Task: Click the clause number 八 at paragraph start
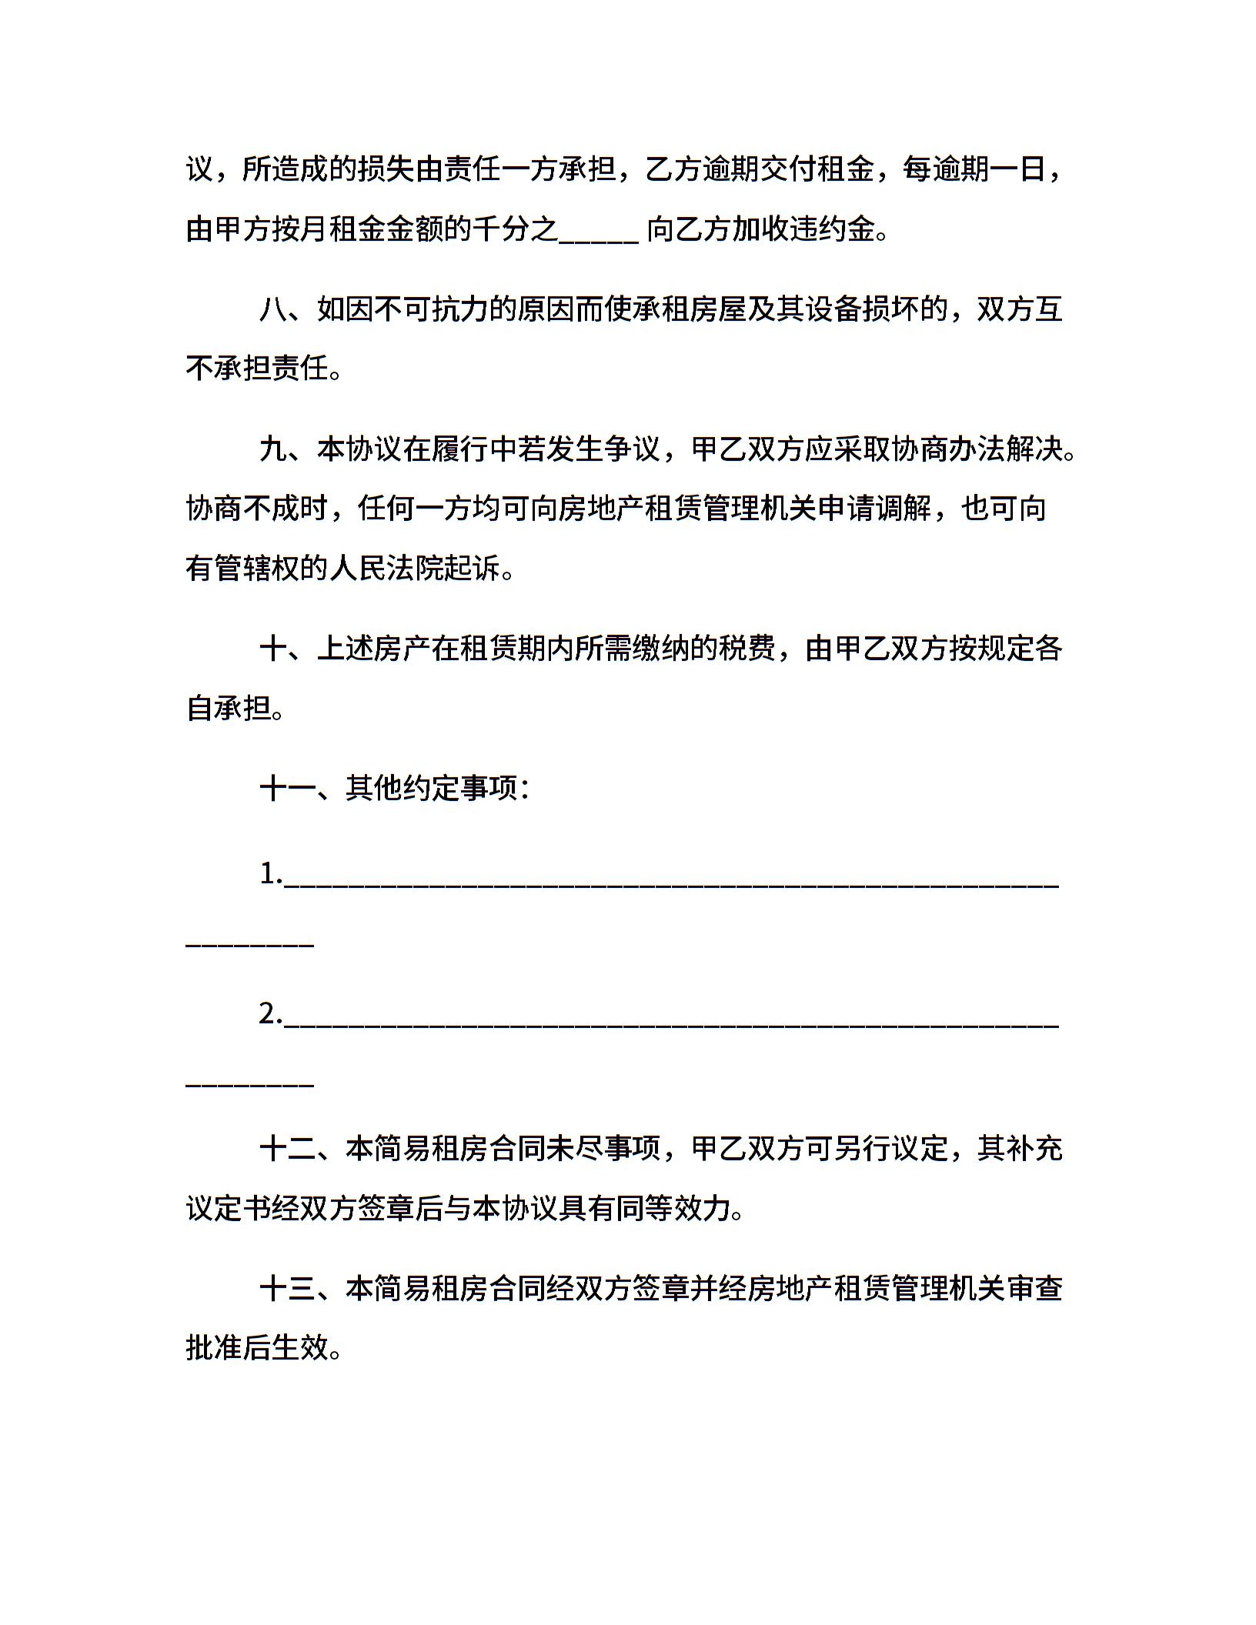(x=273, y=310)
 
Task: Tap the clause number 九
(x=273, y=449)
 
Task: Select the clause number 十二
(x=288, y=1149)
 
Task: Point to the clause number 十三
(x=288, y=1288)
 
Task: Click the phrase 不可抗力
(x=431, y=310)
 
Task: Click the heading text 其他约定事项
(x=431, y=788)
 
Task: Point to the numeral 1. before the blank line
(x=271, y=875)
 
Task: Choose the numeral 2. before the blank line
(x=271, y=1015)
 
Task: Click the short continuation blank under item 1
(x=250, y=944)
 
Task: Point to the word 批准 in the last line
(x=215, y=1348)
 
